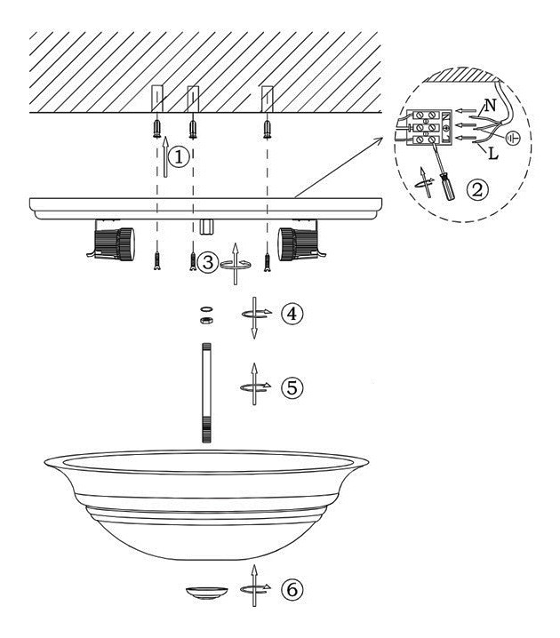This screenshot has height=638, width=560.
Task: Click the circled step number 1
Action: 179,157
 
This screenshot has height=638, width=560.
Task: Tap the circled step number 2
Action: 477,189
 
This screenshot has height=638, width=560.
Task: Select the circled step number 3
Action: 208,262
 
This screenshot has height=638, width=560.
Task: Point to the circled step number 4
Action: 292,314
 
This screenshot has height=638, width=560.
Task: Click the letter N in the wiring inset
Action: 491,106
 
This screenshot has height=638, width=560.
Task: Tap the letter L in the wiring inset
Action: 492,154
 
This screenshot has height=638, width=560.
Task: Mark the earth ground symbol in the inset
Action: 513,139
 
